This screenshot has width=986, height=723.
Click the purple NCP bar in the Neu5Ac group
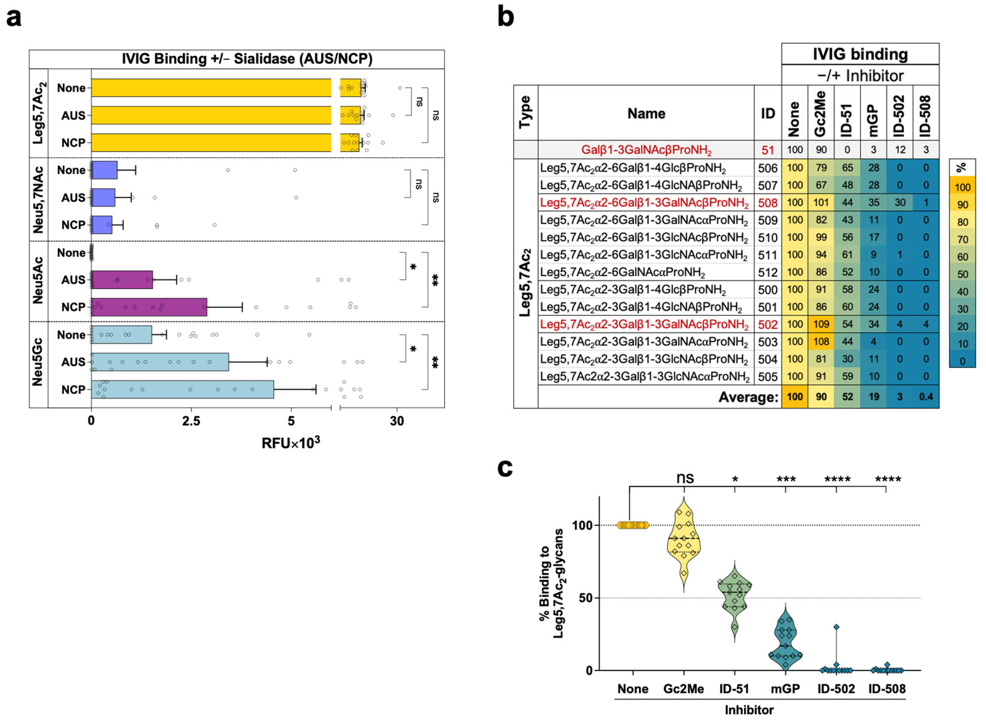[x=149, y=307]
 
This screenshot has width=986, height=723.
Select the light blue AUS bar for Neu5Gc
[x=159, y=362]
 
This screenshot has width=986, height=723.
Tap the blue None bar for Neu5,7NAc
[x=104, y=170]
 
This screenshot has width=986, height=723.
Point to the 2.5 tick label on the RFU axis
[x=191, y=421]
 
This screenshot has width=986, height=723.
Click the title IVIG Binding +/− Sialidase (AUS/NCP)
[x=247, y=59]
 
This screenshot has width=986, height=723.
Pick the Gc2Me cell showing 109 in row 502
[x=821, y=324]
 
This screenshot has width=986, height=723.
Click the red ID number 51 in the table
[x=768, y=150]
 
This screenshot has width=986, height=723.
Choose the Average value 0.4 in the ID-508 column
[x=926, y=397]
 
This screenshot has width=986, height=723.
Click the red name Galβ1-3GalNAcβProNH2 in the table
[x=646, y=150]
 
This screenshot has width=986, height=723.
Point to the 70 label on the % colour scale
[x=962, y=240]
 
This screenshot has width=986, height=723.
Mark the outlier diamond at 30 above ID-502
[x=836, y=627]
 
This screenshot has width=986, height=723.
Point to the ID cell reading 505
[x=768, y=377]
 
